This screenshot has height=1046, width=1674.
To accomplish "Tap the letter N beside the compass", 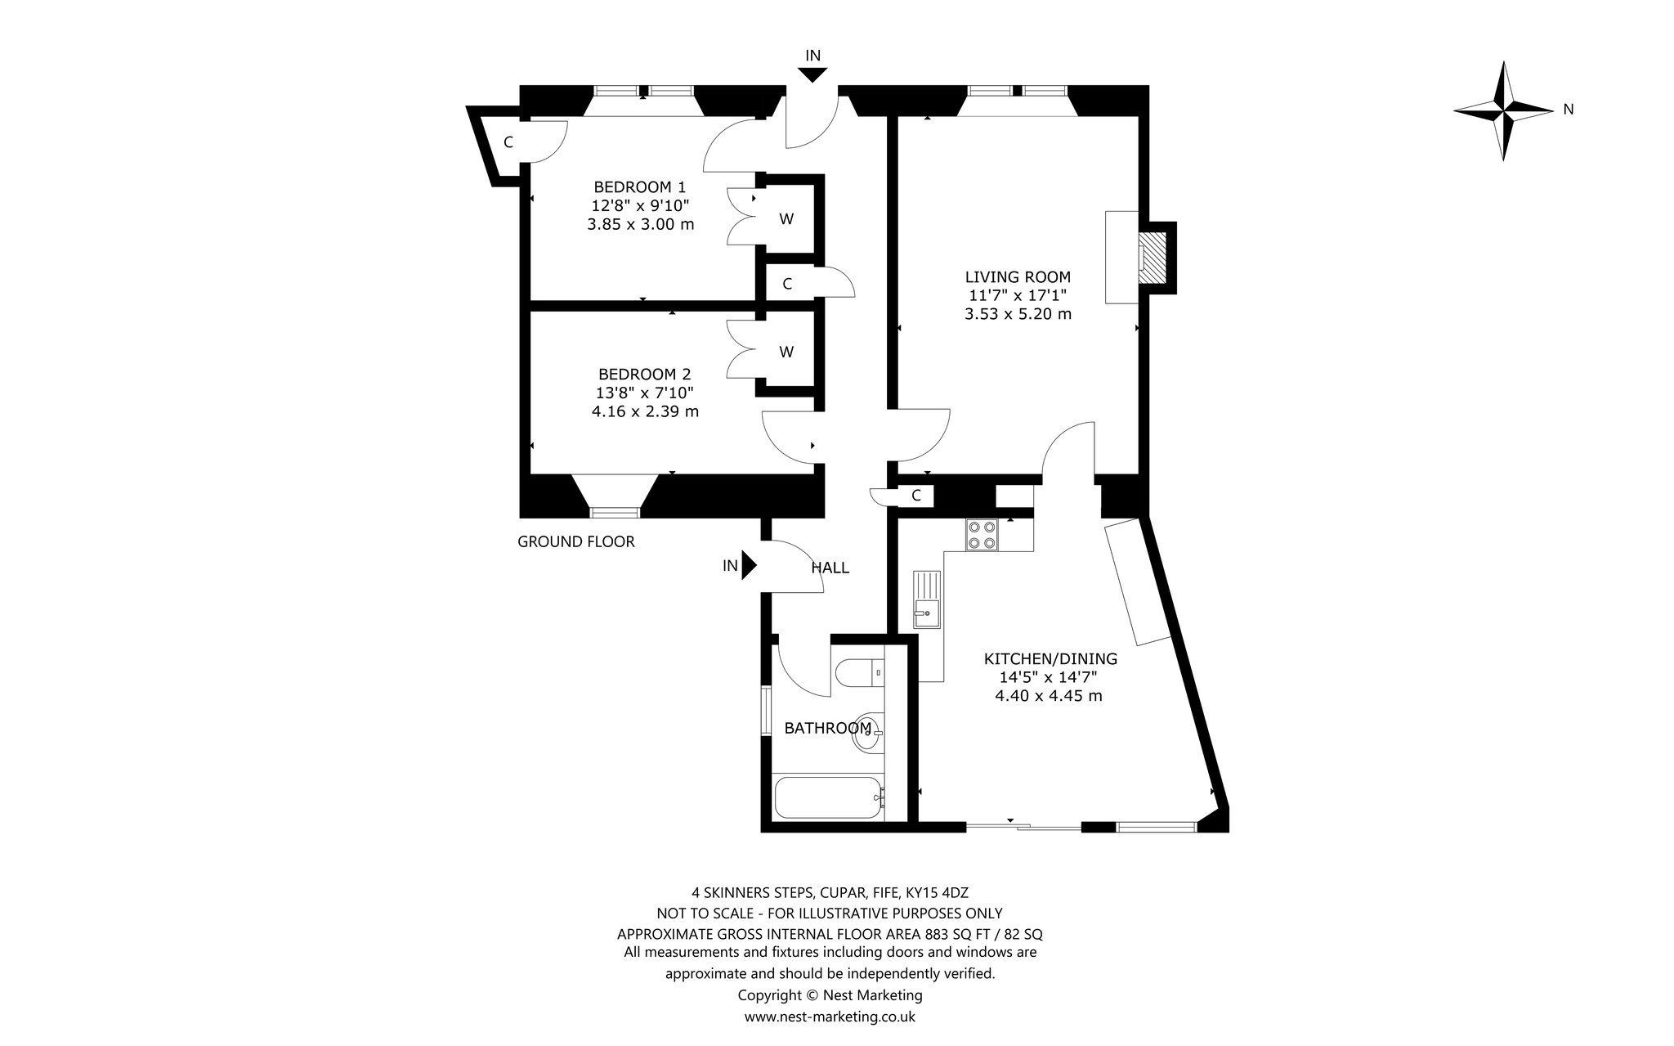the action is (1567, 109).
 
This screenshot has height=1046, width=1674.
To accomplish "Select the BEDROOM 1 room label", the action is (640, 187).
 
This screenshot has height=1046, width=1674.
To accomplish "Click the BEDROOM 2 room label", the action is (645, 374).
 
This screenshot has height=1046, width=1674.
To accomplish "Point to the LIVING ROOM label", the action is (1018, 277).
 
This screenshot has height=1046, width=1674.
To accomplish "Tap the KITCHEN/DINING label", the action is (1050, 658).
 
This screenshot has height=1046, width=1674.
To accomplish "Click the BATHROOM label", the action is (828, 728).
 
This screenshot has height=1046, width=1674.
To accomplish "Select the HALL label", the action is (830, 568).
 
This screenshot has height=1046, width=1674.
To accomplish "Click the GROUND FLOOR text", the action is (576, 541).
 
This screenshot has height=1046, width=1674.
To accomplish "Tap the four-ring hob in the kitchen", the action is (982, 535).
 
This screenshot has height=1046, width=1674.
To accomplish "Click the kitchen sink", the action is (927, 599).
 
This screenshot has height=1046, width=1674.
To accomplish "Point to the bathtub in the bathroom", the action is (828, 797).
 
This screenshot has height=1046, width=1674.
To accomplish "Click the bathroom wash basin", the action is (867, 733).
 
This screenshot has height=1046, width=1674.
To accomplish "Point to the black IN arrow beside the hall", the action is (749, 565).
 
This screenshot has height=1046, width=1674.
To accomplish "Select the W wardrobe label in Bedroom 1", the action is (786, 219).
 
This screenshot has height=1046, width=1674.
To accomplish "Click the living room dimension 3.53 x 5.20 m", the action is (1018, 314).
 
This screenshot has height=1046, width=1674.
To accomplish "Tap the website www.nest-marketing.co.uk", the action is (830, 1017).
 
